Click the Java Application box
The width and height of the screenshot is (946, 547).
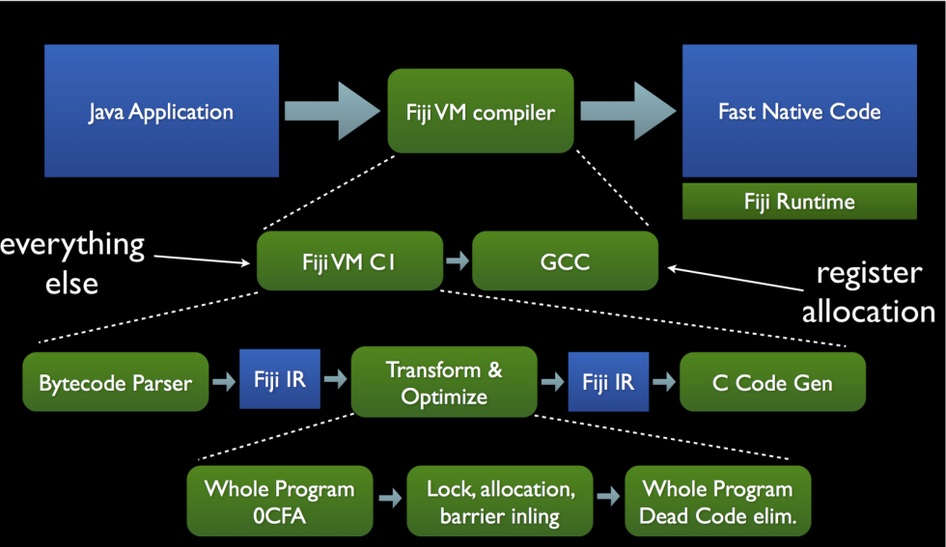[161, 111]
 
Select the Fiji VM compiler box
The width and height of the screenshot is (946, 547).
[481, 112]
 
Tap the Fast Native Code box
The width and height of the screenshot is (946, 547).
[799, 111]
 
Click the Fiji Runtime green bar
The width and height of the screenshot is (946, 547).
[799, 202]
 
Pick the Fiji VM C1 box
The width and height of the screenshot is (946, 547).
[348, 260]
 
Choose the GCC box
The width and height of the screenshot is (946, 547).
[565, 260]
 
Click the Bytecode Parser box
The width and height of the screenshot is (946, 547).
[115, 382]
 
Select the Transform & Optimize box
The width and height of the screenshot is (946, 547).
[444, 382]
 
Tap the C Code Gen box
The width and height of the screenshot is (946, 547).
[772, 382]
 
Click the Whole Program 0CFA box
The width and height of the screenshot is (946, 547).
[279, 502]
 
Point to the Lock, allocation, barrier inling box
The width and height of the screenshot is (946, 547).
[500, 502]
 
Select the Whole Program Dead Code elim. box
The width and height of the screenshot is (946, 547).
[717, 502]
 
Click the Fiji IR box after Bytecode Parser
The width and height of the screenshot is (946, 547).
[279, 380]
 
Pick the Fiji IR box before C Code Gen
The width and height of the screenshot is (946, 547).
[608, 380]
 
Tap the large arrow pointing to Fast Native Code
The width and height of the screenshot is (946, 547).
[627, 111]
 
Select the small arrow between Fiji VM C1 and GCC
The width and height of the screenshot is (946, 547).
[457, 261]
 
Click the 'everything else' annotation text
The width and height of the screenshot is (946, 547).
[71, 262]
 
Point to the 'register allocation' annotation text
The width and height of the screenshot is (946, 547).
[868, 291]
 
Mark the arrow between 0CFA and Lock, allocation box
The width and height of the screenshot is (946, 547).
[391, 499]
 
